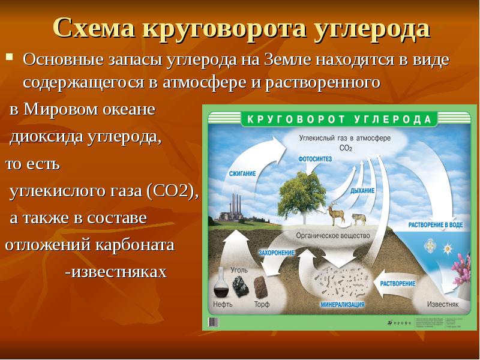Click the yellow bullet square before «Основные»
[x=9, y=59]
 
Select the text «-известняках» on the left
[x=115, y=272]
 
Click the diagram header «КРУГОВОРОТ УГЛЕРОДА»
[x=339, y=119]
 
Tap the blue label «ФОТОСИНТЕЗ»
[x=316, y=160]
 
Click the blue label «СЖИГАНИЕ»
[x=242, y=173]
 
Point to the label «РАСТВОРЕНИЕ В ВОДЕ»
[x=435, y=224]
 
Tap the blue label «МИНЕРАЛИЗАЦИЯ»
[x=342, y=304]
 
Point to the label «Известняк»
[x=443, y=304]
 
